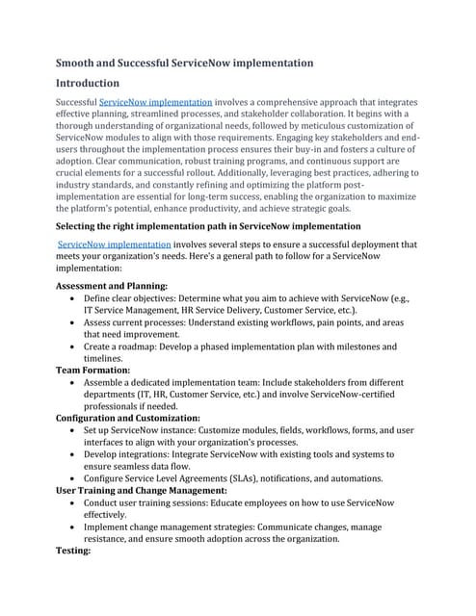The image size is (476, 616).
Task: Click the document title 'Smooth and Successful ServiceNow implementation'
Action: click(184, 63)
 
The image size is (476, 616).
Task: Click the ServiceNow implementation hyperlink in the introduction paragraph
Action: click(156, 102)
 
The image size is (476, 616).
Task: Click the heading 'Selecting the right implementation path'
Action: click(208, 225)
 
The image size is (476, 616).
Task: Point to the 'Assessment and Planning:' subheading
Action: click(112, 286)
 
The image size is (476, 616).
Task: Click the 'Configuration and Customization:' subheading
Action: click(128, 445)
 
